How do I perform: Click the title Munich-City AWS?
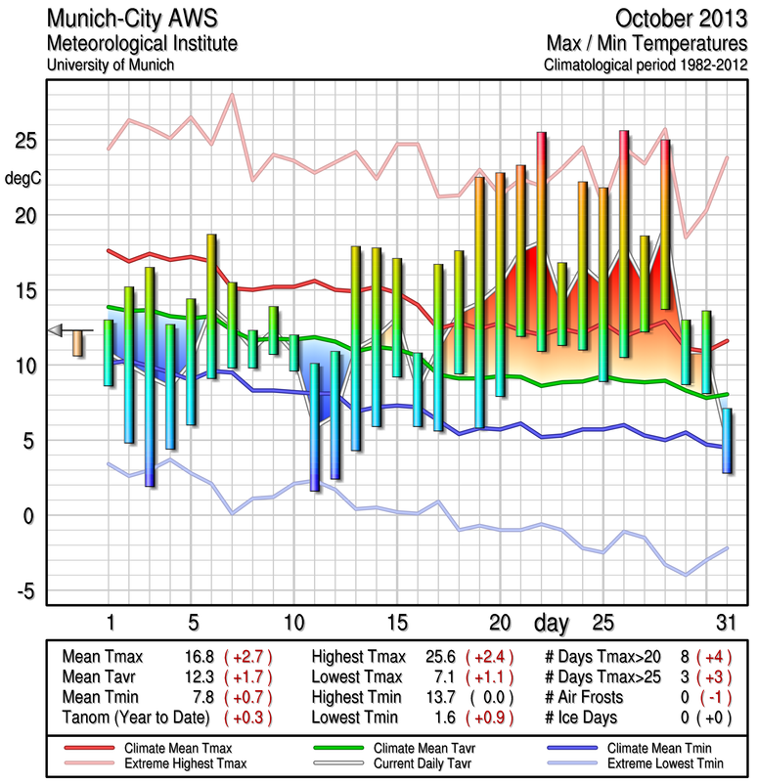[128, 20]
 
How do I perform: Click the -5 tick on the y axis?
[26, 590]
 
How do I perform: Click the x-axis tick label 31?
[725, 623]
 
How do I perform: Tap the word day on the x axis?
[555, 623]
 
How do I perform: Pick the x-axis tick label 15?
[396, 623]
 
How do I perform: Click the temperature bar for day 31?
[727, 441]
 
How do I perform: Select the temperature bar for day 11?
[314, 426]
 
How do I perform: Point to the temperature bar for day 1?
[109, 353]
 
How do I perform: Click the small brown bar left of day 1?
[78, 343]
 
